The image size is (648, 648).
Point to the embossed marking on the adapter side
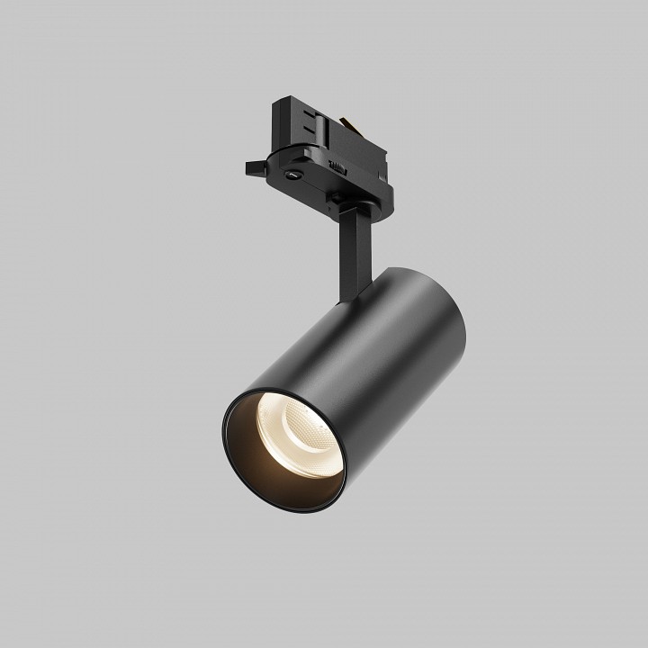pos(337,164)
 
